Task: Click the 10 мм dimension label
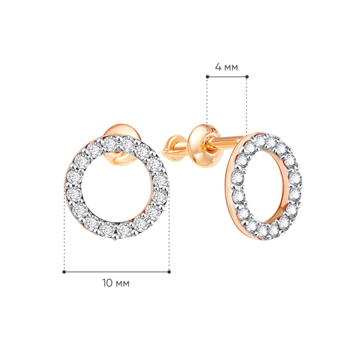click(116, 283)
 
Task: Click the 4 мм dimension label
click(227, 67)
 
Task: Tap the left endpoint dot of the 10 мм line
click(64, 272)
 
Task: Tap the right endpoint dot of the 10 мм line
click(169, 272)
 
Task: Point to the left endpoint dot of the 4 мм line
click(207, 77)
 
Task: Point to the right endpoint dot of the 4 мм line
click(247, 77)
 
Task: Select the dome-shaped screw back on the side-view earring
click(203, 145)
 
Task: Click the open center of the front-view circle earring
click(117, 187)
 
